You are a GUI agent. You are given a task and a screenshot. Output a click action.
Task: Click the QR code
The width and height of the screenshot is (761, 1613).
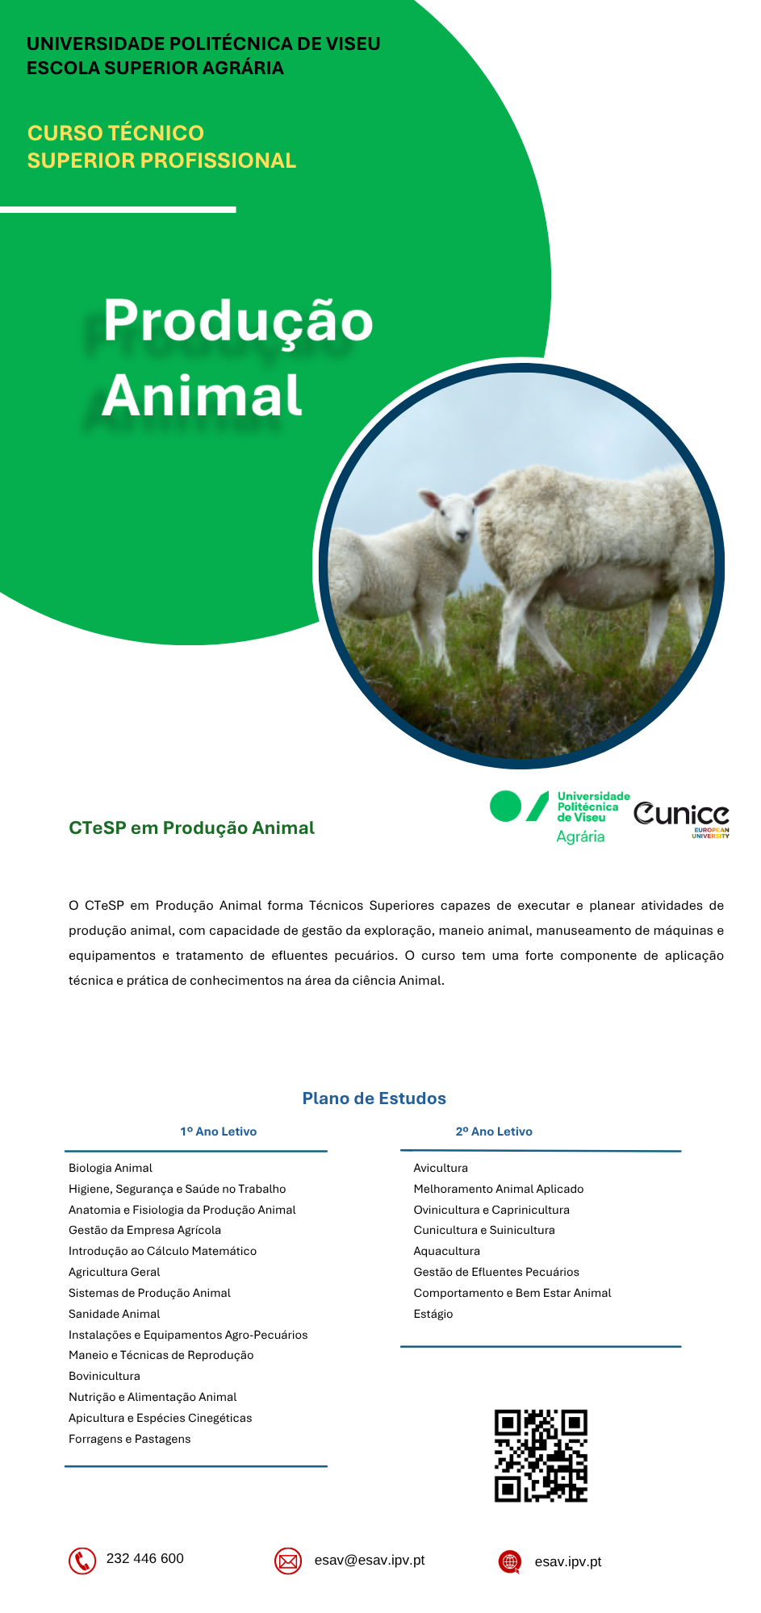coord(541,1456)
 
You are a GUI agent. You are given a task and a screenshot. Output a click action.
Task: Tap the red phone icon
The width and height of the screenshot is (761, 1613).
coord(82,1561)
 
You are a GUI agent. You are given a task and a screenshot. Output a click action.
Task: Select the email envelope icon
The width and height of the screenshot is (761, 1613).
coord(288,1561)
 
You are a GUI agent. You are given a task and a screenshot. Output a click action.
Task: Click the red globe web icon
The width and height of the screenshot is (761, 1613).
coord(510,1561)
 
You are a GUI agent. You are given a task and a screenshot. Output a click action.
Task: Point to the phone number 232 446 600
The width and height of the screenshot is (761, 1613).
coord(145,1558)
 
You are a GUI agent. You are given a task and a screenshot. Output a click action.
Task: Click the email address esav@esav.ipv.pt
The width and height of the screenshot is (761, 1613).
coord(370,1561)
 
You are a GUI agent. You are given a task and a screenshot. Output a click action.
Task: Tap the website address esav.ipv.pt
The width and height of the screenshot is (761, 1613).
coord(568,1562)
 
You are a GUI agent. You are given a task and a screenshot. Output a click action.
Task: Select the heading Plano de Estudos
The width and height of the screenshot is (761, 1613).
coord(374,1098)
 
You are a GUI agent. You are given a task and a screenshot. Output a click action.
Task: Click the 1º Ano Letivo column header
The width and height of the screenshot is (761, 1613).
coord(219,1132)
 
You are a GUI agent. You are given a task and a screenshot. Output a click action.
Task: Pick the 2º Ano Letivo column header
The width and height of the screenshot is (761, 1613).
coord(494,1132)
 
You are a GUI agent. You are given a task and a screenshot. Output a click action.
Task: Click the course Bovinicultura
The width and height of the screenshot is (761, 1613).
coord(104,1376)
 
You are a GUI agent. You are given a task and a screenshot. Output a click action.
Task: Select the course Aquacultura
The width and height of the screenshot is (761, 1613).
coord(446,1251)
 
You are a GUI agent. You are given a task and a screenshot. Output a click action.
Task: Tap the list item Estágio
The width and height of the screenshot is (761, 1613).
coord(433,1314)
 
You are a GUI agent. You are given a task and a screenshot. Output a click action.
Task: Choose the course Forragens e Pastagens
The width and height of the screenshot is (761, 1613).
coord(130,1439)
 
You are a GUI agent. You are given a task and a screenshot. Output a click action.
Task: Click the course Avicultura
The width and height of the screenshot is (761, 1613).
coord(441,1168)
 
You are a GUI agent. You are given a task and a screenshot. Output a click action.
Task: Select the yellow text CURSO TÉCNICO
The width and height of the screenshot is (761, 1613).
coord(115,133)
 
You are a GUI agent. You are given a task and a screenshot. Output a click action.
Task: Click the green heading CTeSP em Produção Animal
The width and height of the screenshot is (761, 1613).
coord(191,828)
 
